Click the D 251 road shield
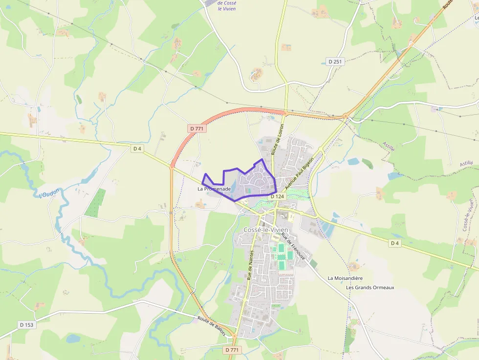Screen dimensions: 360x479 [x=335, y=62]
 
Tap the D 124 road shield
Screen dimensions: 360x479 [x=277, y=196]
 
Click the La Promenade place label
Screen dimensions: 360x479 [x=214, y=189]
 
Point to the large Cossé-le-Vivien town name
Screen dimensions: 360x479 [x=266, y=230]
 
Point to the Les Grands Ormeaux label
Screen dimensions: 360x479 [x=370, y=287]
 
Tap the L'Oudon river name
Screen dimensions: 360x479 [x=48, y=193]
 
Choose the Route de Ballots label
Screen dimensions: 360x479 [x=212, y=326]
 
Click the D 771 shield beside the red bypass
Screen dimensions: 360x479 [x=196, y=128]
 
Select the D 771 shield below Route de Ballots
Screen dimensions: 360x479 [x=233, y=350]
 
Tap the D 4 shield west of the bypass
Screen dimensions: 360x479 [x=137, y=148]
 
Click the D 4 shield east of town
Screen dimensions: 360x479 [x=395, y=243]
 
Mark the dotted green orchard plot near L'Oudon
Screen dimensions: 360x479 [x=95, y=203]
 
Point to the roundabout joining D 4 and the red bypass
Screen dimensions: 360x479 [x=172, y=166]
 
